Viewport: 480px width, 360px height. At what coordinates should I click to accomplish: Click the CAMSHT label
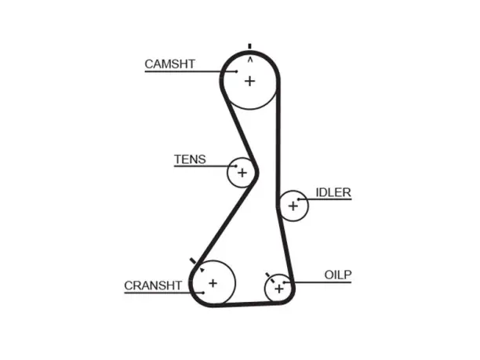169,64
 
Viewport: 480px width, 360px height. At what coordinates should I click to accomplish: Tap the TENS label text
190,159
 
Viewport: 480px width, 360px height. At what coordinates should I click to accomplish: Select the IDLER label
333,192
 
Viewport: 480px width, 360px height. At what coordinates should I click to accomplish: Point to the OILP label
338,275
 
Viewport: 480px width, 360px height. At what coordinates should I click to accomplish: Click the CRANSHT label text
153,285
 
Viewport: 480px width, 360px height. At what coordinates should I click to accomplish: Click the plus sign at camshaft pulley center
249,81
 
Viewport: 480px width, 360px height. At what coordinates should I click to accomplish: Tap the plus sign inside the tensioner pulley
242,173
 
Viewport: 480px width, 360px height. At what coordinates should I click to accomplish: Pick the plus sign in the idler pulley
293,206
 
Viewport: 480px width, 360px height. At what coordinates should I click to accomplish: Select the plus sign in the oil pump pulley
279,289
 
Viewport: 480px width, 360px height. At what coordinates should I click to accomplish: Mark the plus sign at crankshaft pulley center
213,283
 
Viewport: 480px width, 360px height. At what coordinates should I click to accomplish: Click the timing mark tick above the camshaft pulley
249,46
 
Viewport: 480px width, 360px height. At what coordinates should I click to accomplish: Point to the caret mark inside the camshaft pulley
250,60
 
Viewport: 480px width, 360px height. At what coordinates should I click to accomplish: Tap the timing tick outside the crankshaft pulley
193,261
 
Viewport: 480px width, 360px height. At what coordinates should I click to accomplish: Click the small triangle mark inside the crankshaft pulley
202,270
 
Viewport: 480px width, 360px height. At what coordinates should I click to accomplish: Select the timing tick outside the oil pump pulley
267,275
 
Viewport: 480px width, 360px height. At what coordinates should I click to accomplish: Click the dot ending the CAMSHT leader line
237,71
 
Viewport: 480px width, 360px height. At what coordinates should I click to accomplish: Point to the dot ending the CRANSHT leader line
203,293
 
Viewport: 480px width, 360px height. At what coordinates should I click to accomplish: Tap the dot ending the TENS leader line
236,166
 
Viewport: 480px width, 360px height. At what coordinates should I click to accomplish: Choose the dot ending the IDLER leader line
298,199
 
